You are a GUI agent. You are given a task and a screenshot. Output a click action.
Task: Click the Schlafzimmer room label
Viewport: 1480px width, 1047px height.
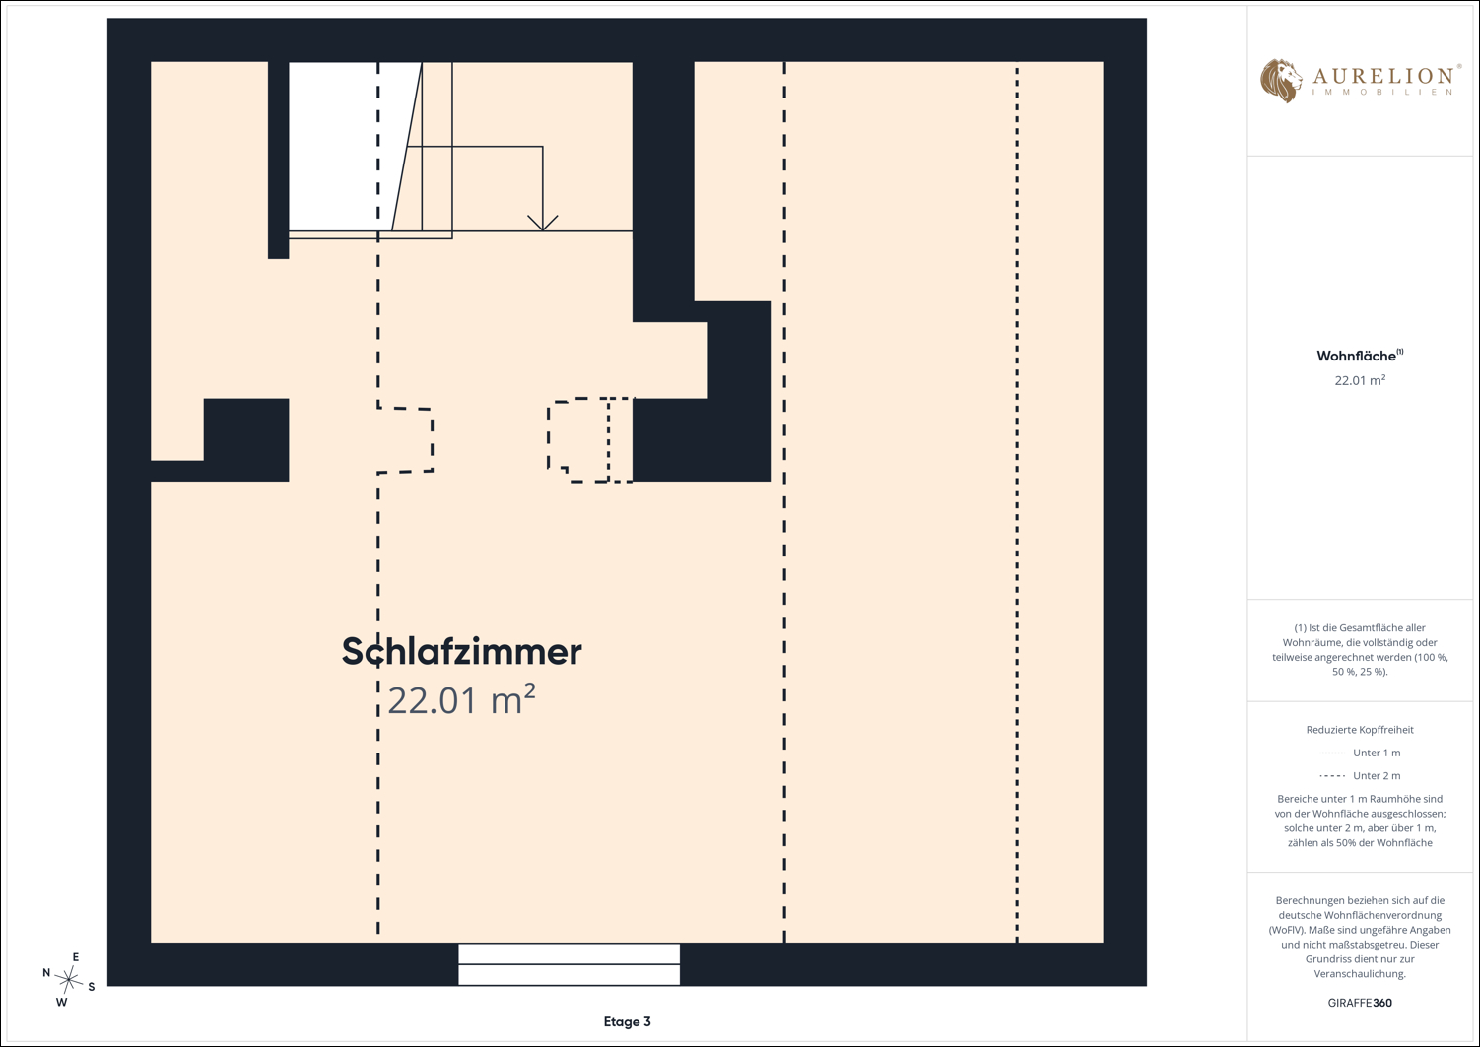click(461, 652)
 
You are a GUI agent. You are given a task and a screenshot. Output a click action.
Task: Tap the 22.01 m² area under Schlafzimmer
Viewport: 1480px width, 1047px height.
click(461, 700)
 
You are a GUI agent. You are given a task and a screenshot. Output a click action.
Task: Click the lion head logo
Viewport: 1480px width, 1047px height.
click(1281, 81)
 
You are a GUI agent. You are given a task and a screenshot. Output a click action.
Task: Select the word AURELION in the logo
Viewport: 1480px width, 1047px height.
click(1382, 76)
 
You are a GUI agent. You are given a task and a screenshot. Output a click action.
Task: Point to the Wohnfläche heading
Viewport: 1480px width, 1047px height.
click(1360, 356)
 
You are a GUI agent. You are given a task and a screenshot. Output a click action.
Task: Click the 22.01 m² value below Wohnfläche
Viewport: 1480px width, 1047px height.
click(1360, 380)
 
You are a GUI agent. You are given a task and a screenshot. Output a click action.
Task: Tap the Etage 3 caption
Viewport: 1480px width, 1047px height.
click(627, 1022)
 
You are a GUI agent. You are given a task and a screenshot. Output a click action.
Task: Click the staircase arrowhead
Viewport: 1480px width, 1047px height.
click(543, 224)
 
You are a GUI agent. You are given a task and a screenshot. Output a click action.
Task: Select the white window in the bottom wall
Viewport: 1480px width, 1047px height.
click(569, 964)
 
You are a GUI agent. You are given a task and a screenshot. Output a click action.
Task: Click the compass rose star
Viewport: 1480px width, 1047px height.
click(69, 980)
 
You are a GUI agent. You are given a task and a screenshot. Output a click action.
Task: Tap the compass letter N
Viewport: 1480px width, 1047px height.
click(46, 972)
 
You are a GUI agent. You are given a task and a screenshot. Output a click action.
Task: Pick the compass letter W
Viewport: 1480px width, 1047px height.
click(61, 1002)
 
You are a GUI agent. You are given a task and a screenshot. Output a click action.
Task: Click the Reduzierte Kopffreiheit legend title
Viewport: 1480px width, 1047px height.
click(1360, 730)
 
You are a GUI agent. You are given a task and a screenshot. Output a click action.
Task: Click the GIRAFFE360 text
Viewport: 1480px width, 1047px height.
click(1360, 1003)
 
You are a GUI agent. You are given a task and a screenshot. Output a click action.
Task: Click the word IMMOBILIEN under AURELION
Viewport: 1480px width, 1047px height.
click(1382, 93)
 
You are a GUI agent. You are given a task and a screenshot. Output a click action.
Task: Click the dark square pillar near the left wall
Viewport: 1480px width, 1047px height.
click(245, 439)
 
